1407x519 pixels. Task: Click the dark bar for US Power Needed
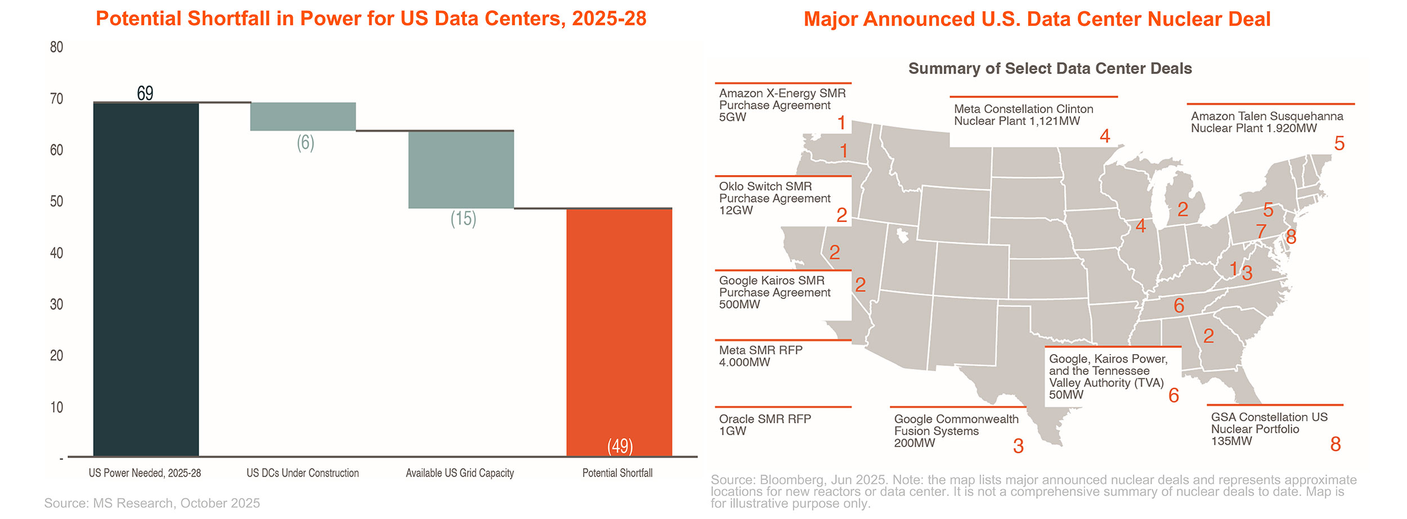point(146,279)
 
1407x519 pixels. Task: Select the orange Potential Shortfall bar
point(619,332)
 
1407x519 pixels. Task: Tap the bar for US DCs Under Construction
point(303,117)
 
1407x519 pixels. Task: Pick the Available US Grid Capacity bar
point(461,169)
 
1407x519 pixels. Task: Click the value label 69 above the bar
point(145,93)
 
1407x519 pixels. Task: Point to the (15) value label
point(463,218)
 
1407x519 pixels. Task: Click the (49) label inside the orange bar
point(620,446)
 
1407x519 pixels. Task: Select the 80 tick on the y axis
point(56,47)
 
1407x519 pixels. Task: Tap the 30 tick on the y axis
point(56,305)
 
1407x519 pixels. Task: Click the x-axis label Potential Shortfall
point(617,473)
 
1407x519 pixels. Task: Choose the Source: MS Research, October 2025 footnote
point(152,503)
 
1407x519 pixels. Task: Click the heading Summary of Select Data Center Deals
point(1050,69)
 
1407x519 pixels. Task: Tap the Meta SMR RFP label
point(760,356)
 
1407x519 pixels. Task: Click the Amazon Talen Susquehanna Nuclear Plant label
point(1266,122)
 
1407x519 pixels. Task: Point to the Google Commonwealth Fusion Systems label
point(956,431)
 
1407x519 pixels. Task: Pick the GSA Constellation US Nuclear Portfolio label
point(1269,429)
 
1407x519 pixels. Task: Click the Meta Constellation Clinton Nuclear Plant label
point(1023,115)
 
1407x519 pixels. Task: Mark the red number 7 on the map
point(1261,231)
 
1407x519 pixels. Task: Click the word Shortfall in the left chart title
point(228,19)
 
